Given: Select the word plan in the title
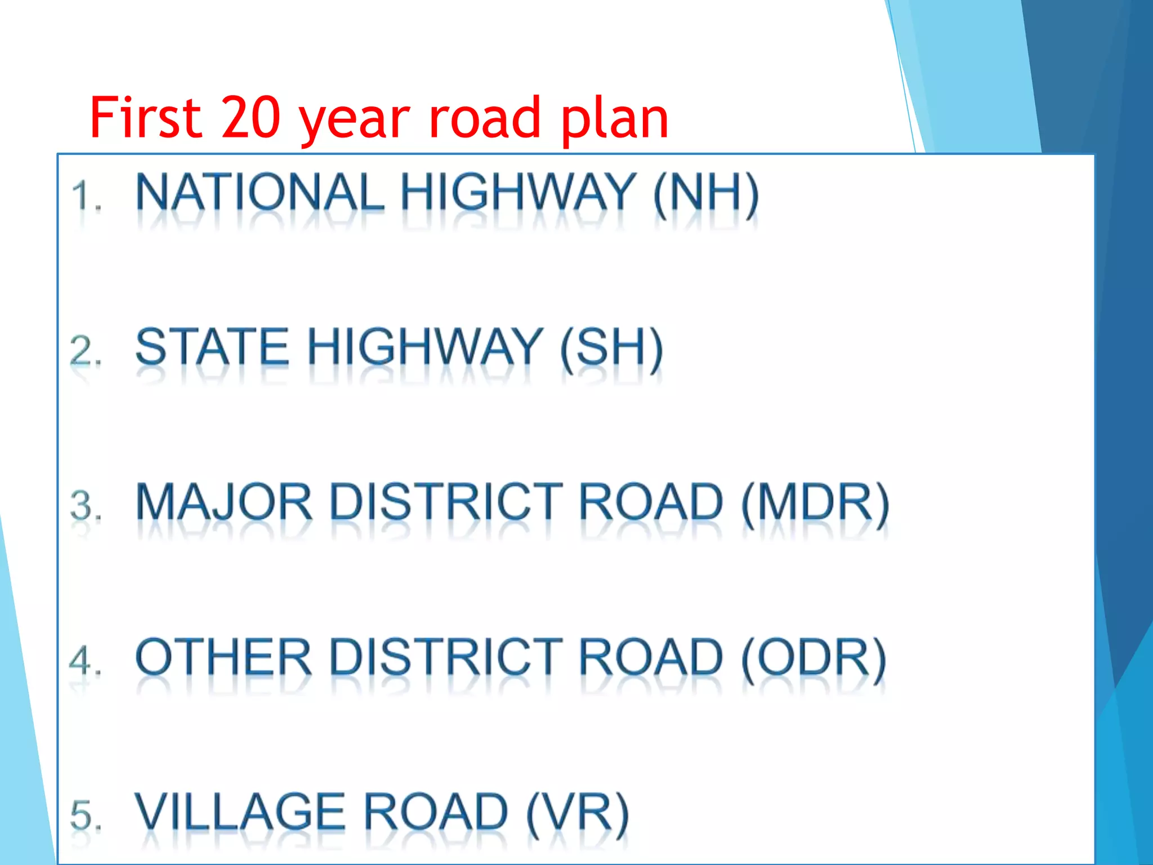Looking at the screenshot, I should click(614, 118).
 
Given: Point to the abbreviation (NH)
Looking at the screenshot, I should click(706, 193).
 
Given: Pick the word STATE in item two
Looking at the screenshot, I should click(212, 347).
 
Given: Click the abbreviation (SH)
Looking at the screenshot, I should click(611, 348).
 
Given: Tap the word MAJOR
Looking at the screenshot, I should click(224, 502).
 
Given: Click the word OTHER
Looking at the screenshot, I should click(224, 657).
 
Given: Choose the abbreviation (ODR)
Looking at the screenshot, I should click(814, 658).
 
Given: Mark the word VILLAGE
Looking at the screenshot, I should click(240, 812).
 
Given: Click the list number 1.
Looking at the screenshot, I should click(86, 196).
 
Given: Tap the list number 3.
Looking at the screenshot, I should click(86, 505).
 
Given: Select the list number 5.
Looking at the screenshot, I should click(86, 815).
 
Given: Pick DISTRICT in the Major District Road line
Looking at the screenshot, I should click(446, 502).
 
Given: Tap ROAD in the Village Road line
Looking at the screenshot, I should click(436, 812).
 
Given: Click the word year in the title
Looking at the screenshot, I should click(355, 121).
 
